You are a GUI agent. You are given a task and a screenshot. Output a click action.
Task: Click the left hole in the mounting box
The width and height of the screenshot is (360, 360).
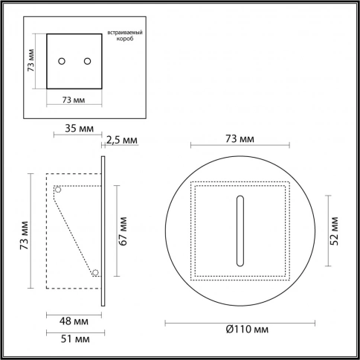point(62,61)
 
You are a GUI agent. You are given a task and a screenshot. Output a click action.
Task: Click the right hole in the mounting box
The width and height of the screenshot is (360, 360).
point(87,61)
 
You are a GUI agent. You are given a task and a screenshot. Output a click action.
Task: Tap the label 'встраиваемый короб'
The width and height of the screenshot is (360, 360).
point(125,36)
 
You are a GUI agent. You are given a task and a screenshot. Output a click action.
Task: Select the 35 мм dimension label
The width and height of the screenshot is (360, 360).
point(80,129)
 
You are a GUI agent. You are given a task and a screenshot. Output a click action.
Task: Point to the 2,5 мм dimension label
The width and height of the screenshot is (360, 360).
point(122,140)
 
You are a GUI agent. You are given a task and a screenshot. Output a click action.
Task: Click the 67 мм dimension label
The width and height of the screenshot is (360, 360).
point(123,231)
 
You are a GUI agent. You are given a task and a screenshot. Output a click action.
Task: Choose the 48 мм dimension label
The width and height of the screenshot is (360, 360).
point(74,321)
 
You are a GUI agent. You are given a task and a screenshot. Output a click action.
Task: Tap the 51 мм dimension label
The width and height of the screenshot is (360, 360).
point(75,339)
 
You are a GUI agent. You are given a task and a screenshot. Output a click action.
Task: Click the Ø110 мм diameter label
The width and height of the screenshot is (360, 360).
point(247,330)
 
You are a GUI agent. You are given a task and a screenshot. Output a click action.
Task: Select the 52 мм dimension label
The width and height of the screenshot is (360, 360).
point(334,231)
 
